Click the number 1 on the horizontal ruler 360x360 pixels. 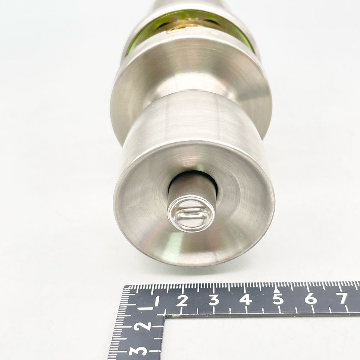click(157, 301)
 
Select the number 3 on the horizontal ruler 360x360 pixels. click(214, 300)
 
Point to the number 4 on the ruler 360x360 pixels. click(246, 299)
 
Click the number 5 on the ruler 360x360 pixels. click(278, 298)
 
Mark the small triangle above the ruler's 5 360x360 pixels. click(277, 290)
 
